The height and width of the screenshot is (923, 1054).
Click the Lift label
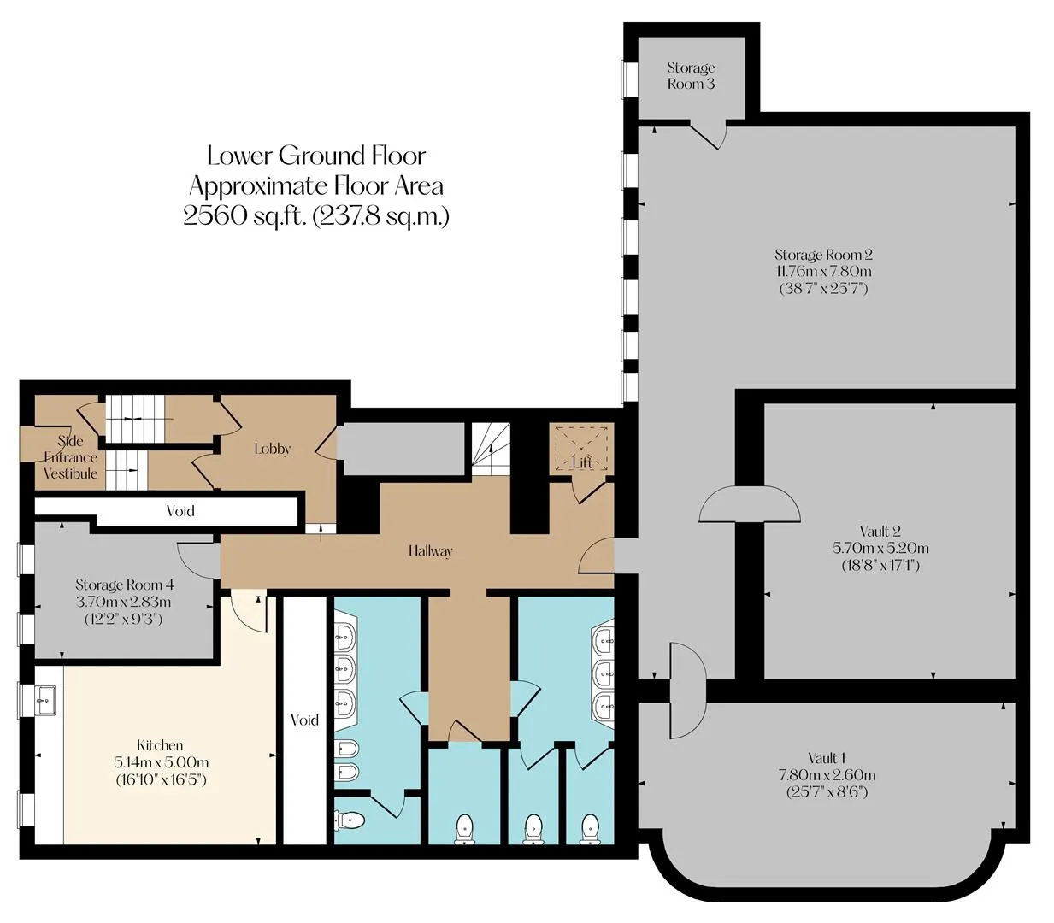(x=581, y=462)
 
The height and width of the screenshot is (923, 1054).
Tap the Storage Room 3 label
(x=691, y=75)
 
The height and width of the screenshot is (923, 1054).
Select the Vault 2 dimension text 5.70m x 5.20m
(x=880, y=548)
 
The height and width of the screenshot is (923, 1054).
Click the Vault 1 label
(x=827, y=758)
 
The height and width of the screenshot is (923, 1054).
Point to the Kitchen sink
(x=46, y=700)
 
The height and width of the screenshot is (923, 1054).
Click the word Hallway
(x=430, y=550)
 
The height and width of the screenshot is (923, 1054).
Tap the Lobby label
(x=272, y=448)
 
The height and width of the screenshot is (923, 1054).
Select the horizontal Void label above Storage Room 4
(x=180, y=510)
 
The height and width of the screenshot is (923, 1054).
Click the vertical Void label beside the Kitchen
(x=304, y=720)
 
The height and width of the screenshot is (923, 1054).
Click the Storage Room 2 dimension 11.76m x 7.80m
(x=823, y=271)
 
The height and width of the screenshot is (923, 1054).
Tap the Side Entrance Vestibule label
(x=70, y=457)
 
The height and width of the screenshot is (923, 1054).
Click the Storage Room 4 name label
(x=124, y=585)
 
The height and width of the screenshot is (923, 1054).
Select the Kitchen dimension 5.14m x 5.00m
(x=162, y=761)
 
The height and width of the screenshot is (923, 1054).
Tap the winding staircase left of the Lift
(x=491, y=450)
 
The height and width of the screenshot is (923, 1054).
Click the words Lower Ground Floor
(x=316, y=156)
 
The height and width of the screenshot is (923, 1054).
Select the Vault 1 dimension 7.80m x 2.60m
(x=827, y=774)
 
